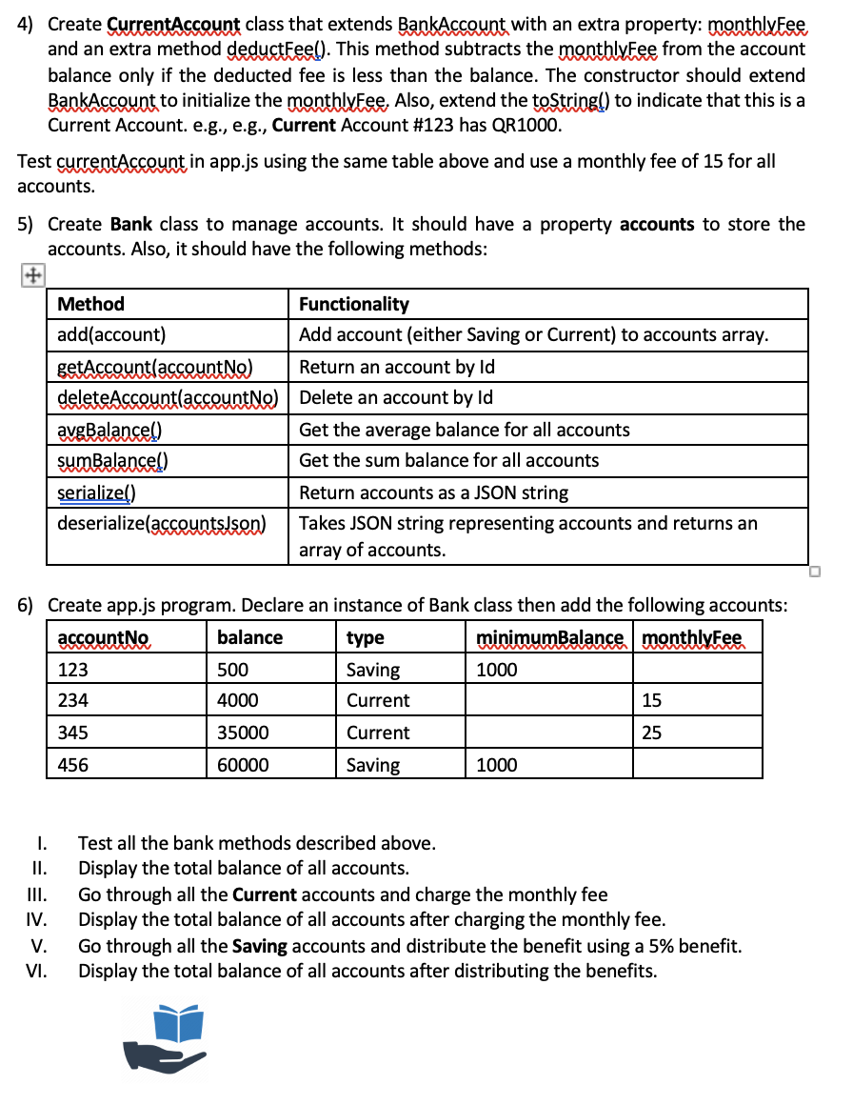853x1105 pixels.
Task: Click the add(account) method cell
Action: [x=111, y=334]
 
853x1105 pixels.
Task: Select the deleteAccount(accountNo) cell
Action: [x=167, y=397]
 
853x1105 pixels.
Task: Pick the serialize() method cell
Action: [x=97, y=492]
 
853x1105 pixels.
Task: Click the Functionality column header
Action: [x=354, y=304]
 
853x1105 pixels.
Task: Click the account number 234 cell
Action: [x=73, y=700]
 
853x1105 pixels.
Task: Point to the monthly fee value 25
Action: [x=652, y=733]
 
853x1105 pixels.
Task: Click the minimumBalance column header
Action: [x=550, y=637]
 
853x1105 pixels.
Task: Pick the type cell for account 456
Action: [x=373, y=765]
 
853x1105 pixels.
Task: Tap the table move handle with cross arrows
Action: [x=31, y=275]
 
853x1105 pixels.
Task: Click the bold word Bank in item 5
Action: [x=130, y=225]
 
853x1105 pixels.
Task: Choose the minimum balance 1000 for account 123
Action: [x=497, y=670]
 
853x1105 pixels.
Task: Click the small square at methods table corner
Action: [x=814, y=573]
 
